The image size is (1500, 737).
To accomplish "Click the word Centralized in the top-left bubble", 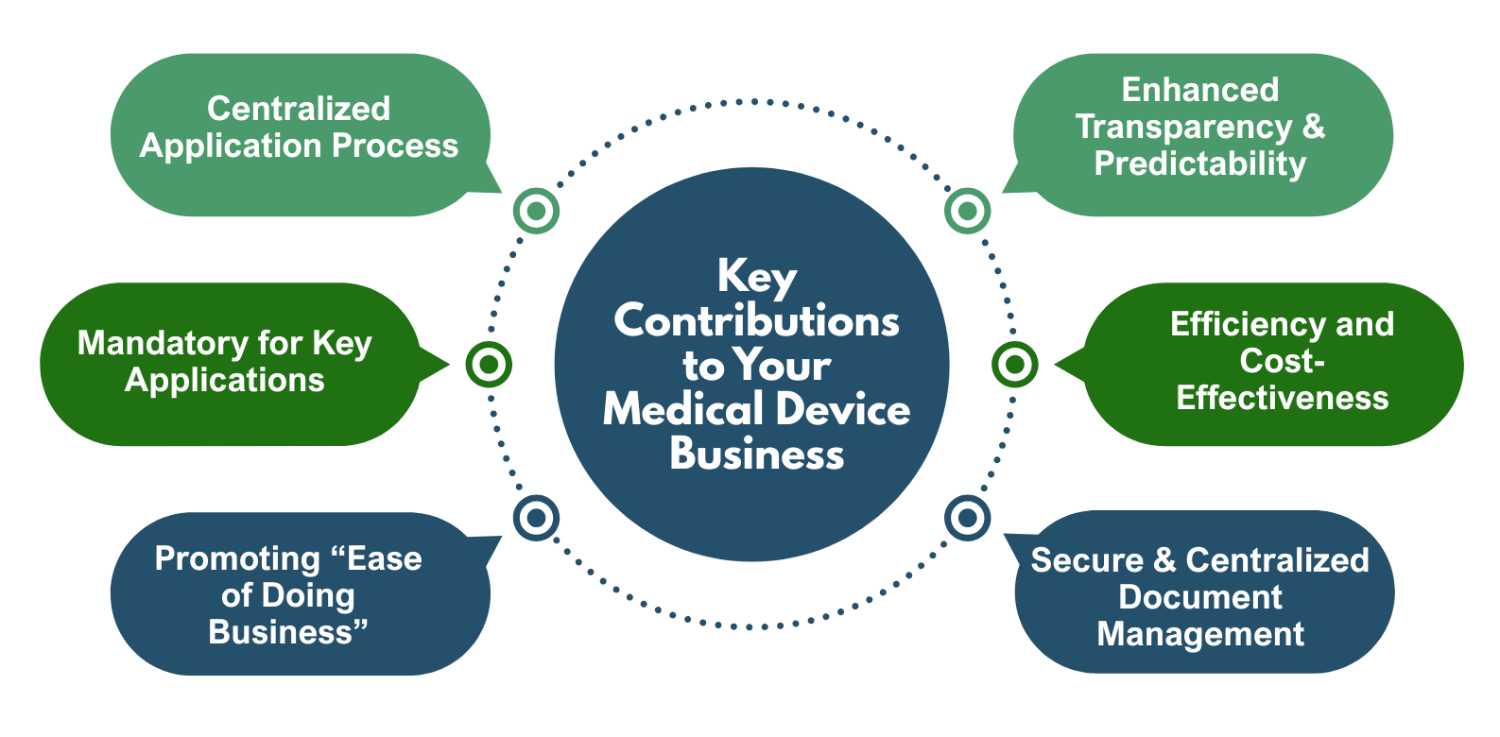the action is (x=299, y=109).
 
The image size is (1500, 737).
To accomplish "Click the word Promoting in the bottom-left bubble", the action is (x=238, y=559).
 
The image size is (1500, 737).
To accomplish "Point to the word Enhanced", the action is (x=1200, y=90).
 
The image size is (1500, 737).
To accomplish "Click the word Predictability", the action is (x=1200, y=164).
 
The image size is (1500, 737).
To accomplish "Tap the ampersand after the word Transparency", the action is (x=1314, y=126).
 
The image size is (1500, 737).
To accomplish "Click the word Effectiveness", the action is (x=1283, y=398).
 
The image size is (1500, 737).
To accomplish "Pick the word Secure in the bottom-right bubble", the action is (x=1087, y=559).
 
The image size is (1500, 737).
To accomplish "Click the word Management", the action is (x=1200, y=634).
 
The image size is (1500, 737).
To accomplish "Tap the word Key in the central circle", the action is (x=757, y=277).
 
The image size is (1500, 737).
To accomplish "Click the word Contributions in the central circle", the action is (x=757, y=321).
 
